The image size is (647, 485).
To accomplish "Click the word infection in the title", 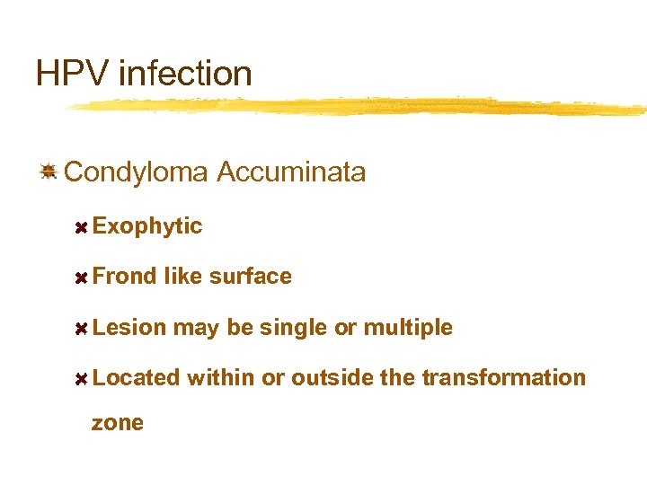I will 184,73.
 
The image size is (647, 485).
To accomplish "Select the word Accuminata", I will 292,172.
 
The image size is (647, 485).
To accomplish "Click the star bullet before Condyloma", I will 49,171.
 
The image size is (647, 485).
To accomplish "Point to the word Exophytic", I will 147,226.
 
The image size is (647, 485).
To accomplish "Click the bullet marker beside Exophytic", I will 80,227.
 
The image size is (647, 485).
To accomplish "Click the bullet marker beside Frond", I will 80,278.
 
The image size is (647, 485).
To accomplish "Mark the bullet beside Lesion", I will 80,329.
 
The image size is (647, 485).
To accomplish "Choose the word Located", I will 136,378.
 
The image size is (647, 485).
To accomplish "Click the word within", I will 221,378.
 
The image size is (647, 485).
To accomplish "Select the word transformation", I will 503,378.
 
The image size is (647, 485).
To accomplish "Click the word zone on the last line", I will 118,423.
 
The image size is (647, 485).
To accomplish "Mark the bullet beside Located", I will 80,379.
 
